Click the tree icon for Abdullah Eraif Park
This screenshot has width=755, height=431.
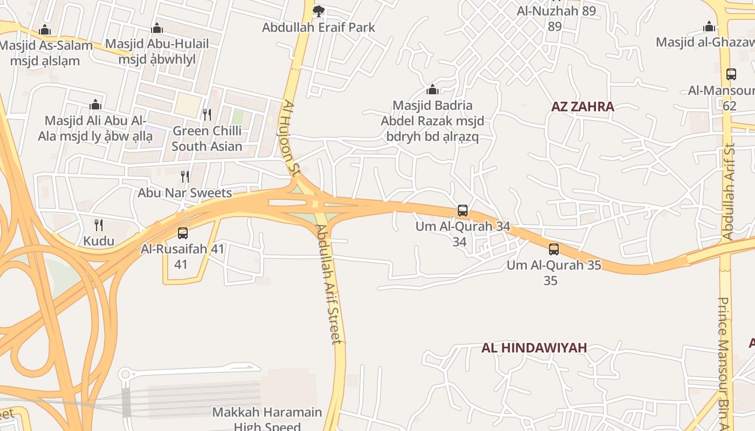click(319, 11)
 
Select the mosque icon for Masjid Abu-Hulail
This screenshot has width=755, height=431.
click(157, 28)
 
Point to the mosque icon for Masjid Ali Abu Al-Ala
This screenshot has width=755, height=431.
click(95, 104)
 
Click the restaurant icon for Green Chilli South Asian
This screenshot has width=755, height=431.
click(207, 114)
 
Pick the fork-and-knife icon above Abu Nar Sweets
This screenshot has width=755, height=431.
click(185, 176)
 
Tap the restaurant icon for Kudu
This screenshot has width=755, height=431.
click(99, 225)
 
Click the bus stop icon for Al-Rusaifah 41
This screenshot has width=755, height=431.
click(183, 233)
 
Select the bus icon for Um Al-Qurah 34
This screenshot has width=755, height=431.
click(462, 211)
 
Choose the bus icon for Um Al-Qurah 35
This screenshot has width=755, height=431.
click(554, 249)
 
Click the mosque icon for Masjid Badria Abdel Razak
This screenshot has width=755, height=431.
click(432, 89)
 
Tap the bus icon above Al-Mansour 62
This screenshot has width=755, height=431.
click(731, 74)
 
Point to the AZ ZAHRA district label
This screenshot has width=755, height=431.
click(582, 107)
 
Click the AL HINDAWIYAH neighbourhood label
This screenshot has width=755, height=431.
click(534, 348)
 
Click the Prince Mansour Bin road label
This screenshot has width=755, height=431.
click(724, 361)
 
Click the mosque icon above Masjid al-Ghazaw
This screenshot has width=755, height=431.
click(709, 26)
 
